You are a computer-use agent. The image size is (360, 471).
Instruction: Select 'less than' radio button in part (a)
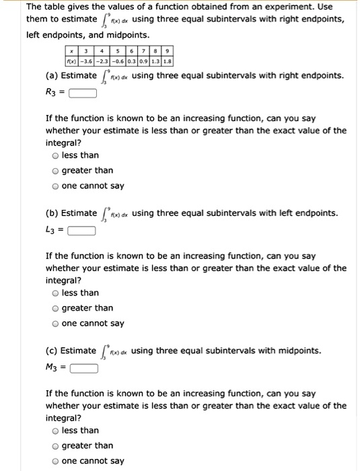pos(56,155)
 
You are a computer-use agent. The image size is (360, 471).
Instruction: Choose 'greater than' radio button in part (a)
pos(56,171)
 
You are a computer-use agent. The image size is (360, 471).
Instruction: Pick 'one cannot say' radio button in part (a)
pos(56,186)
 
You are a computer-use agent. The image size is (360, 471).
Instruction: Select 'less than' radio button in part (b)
pos(56,293)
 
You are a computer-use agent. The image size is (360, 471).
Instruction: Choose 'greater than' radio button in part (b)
pos(56,308)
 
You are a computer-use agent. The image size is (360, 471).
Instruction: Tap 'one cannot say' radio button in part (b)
pos(56,324)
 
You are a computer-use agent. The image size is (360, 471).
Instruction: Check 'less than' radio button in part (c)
pos(56,431)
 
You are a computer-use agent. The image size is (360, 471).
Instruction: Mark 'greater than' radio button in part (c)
pos(56,445)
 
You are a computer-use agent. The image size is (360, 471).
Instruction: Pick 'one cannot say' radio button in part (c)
pos(56,461)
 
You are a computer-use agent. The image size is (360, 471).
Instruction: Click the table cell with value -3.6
pos(87,61)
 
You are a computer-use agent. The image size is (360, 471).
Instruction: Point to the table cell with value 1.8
pos(168,61)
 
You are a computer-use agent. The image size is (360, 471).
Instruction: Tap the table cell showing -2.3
pos(103,61)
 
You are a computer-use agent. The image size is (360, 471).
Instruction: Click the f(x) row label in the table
pos(71,61)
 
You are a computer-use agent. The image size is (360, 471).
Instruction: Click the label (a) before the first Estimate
pos(52,76)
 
